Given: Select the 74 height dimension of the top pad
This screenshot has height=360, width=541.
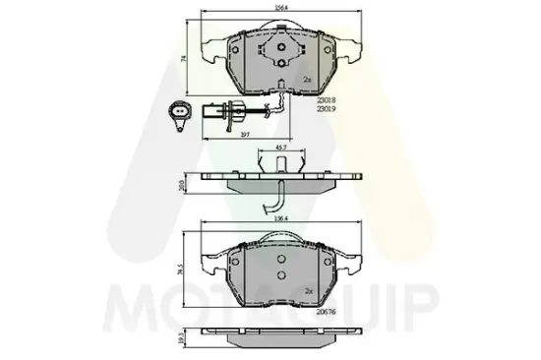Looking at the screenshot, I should [x=185, y=58].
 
